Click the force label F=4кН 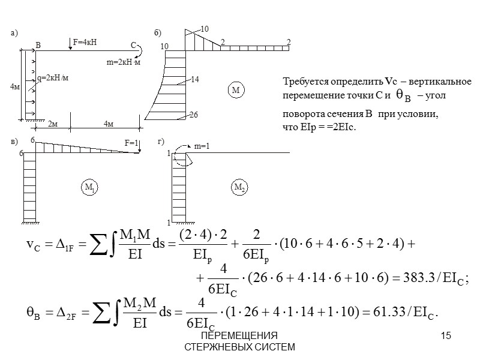coord(85,42)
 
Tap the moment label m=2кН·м coord(123,62)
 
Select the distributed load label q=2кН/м coord(53,77)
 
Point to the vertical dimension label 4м coord(15,87)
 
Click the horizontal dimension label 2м coord(52,124)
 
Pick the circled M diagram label coord(235,90)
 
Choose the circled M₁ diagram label coord(90,188)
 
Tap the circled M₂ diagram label coord(239,188)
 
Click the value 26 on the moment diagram coord(193,115)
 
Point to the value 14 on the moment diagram coord(194,79)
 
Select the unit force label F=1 coord(131,143)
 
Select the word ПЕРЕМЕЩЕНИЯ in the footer coord(239,335)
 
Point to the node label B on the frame coord(38,46)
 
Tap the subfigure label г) coord(161,141)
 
